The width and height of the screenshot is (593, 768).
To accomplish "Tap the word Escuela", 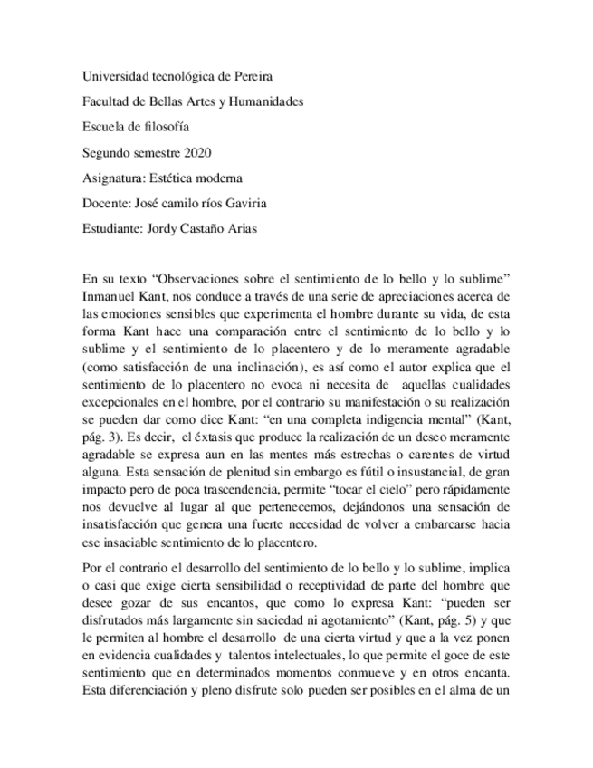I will (x=103, y=127).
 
